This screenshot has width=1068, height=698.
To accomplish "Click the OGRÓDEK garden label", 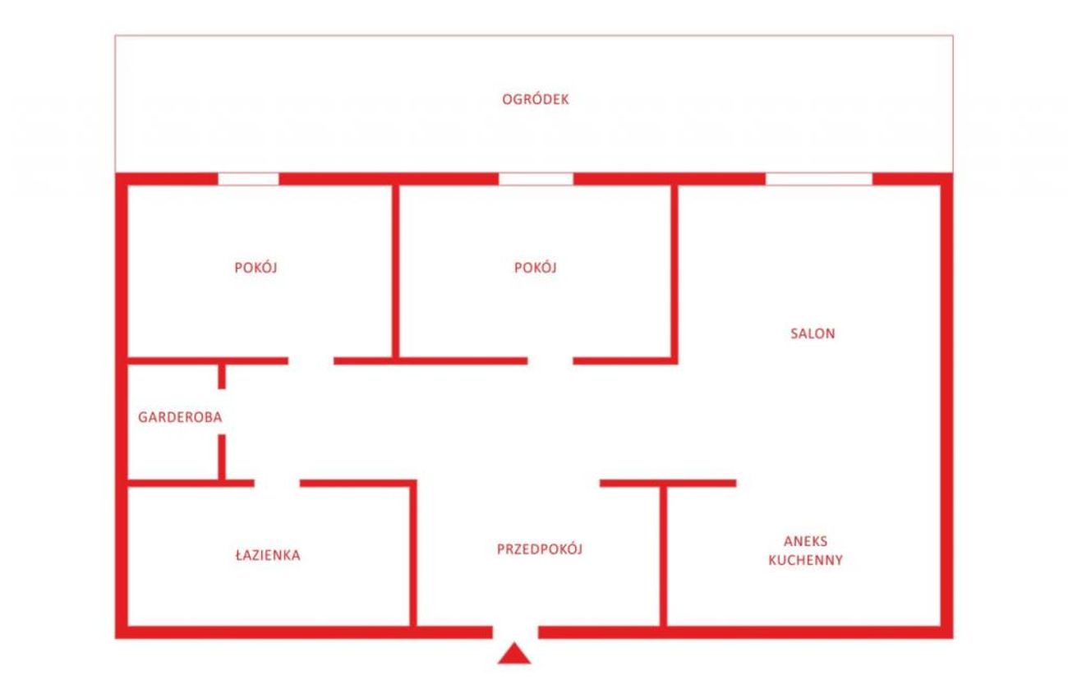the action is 536,99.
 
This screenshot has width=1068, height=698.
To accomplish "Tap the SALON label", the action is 813,333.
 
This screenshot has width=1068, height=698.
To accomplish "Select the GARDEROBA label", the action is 180,417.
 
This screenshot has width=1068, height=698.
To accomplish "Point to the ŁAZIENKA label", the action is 268,555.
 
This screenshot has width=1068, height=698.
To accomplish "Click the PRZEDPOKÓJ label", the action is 540,549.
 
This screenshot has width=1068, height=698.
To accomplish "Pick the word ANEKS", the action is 806,541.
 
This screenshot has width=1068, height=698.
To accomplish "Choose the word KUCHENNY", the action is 806,560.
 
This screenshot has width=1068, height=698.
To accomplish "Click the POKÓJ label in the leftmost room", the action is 256,267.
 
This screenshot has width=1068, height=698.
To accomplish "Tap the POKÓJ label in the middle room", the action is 536,267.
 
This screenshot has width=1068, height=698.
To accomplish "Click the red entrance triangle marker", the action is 514,654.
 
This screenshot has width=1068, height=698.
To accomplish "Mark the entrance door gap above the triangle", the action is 515,632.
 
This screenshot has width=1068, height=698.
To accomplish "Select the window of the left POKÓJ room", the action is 248,179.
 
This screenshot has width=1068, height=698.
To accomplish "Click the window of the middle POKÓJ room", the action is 536,179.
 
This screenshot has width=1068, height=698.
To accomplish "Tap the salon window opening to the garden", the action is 819,179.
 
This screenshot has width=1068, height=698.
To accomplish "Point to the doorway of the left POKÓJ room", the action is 311,360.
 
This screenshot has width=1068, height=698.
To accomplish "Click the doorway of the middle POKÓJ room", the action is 550,360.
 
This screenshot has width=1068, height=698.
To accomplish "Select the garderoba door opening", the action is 222,411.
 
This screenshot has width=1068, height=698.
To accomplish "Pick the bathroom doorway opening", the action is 277,483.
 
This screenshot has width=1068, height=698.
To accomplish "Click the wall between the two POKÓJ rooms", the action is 396,271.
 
